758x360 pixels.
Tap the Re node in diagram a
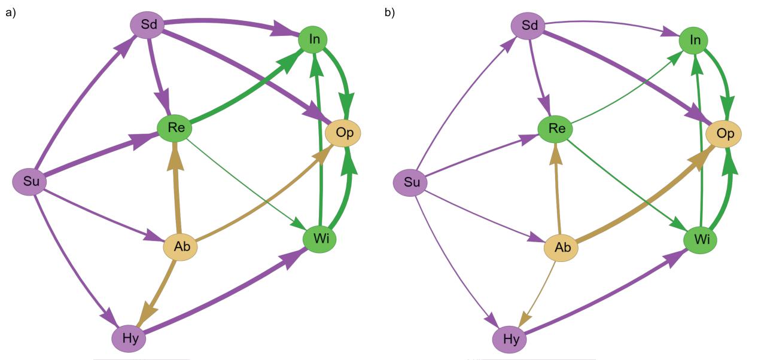174,127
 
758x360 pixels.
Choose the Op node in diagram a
344,133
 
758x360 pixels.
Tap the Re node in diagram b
555,127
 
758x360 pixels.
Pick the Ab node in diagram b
561,247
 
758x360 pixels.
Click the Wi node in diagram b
700,239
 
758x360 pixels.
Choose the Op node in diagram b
724,133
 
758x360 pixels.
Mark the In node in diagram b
695,40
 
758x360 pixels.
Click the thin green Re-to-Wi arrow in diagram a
245,183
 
